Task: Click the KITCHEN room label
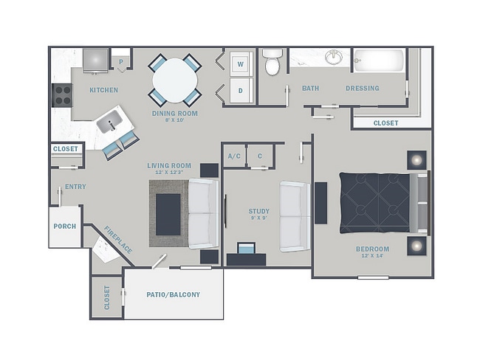tap(104, 90)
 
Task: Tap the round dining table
tap(175, 80)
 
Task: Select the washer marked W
tap(241, 64)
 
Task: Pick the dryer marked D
tap(241, 90)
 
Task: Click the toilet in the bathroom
tap(272, 62)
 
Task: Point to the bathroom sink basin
tap(334, 58)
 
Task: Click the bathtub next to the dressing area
tap(379, 60)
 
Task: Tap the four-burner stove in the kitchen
tap(62, 95)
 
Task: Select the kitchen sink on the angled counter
tap(109, 122)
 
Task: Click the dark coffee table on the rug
tap(168, 215)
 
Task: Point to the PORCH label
tap(64, 226)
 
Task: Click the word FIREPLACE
tap(118, 240)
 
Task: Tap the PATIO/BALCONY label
tap(174, 294)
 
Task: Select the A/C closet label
tap(234, 156)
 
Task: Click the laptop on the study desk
tap(247, 249)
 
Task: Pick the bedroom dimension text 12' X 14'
tap(372, 256)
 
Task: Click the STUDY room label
tap(259, 211)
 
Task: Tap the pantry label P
tap(121, 62)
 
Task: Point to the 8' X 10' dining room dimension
tap(175, 120)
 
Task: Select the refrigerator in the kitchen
tap(96, 60)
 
